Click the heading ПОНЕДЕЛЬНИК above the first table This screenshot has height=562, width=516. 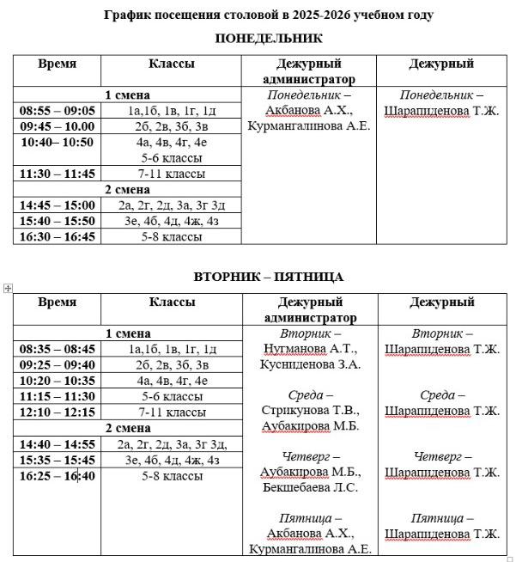tap(269, 39)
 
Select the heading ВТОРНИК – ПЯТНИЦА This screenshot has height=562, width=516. tap(268, 277)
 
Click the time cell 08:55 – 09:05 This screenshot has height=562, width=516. tap(58, 111)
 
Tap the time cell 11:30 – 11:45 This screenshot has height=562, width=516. tap(58, 174)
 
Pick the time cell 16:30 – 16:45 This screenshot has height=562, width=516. tap(58, 236)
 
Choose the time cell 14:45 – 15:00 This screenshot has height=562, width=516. tap(58, 205)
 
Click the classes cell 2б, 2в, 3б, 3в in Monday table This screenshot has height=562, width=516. tap(171, 126)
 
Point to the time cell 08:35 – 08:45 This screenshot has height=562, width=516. tap(58, 349)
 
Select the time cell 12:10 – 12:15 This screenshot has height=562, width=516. tap(58, 412)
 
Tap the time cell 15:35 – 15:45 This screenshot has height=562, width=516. tap(58, 460)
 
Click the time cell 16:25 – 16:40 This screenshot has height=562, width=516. tap(58, 476)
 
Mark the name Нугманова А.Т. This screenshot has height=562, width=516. tap(308, 349)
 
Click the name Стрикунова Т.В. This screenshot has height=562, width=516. tap(308, 411)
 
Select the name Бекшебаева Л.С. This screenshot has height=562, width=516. tap(310, 488)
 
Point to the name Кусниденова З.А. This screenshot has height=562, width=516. tap(310, 364)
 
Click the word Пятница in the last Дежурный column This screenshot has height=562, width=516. tap(437, 519)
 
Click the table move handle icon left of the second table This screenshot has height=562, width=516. tap(8, 289)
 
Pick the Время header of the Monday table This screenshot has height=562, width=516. tap(57, 64)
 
